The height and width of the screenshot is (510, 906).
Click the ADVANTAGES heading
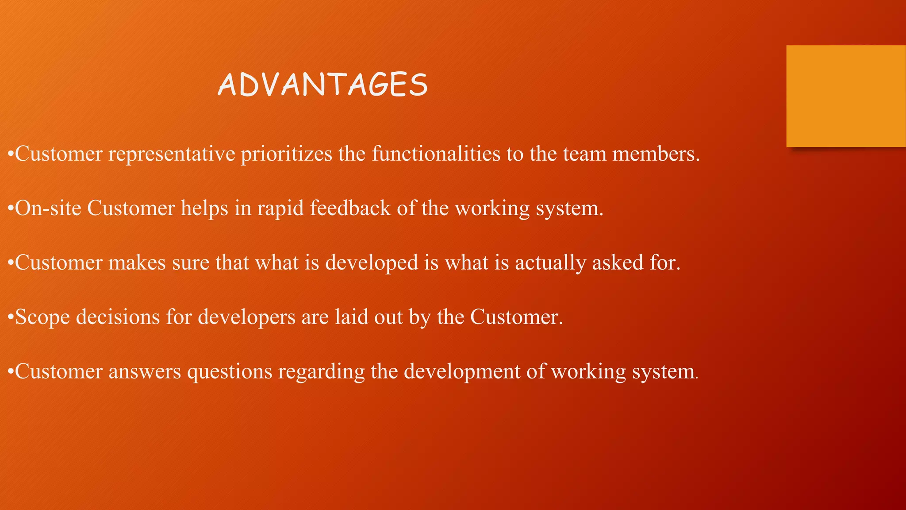pyautogui.click(x=323, y=85)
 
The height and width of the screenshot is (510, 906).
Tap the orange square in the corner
pyautogui.click(x=846, y=96)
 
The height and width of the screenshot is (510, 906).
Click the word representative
pyautogui.click(x=172, y=155)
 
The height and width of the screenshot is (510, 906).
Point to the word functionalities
pyautogui.click(x=436, y=154)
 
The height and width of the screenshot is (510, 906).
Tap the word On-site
pyautogui.click(x=48, y=208)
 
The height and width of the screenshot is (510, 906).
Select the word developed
pyautogui.click(x=372, y=263)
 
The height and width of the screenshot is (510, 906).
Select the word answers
pyautogui.click(x=145, y=371)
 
